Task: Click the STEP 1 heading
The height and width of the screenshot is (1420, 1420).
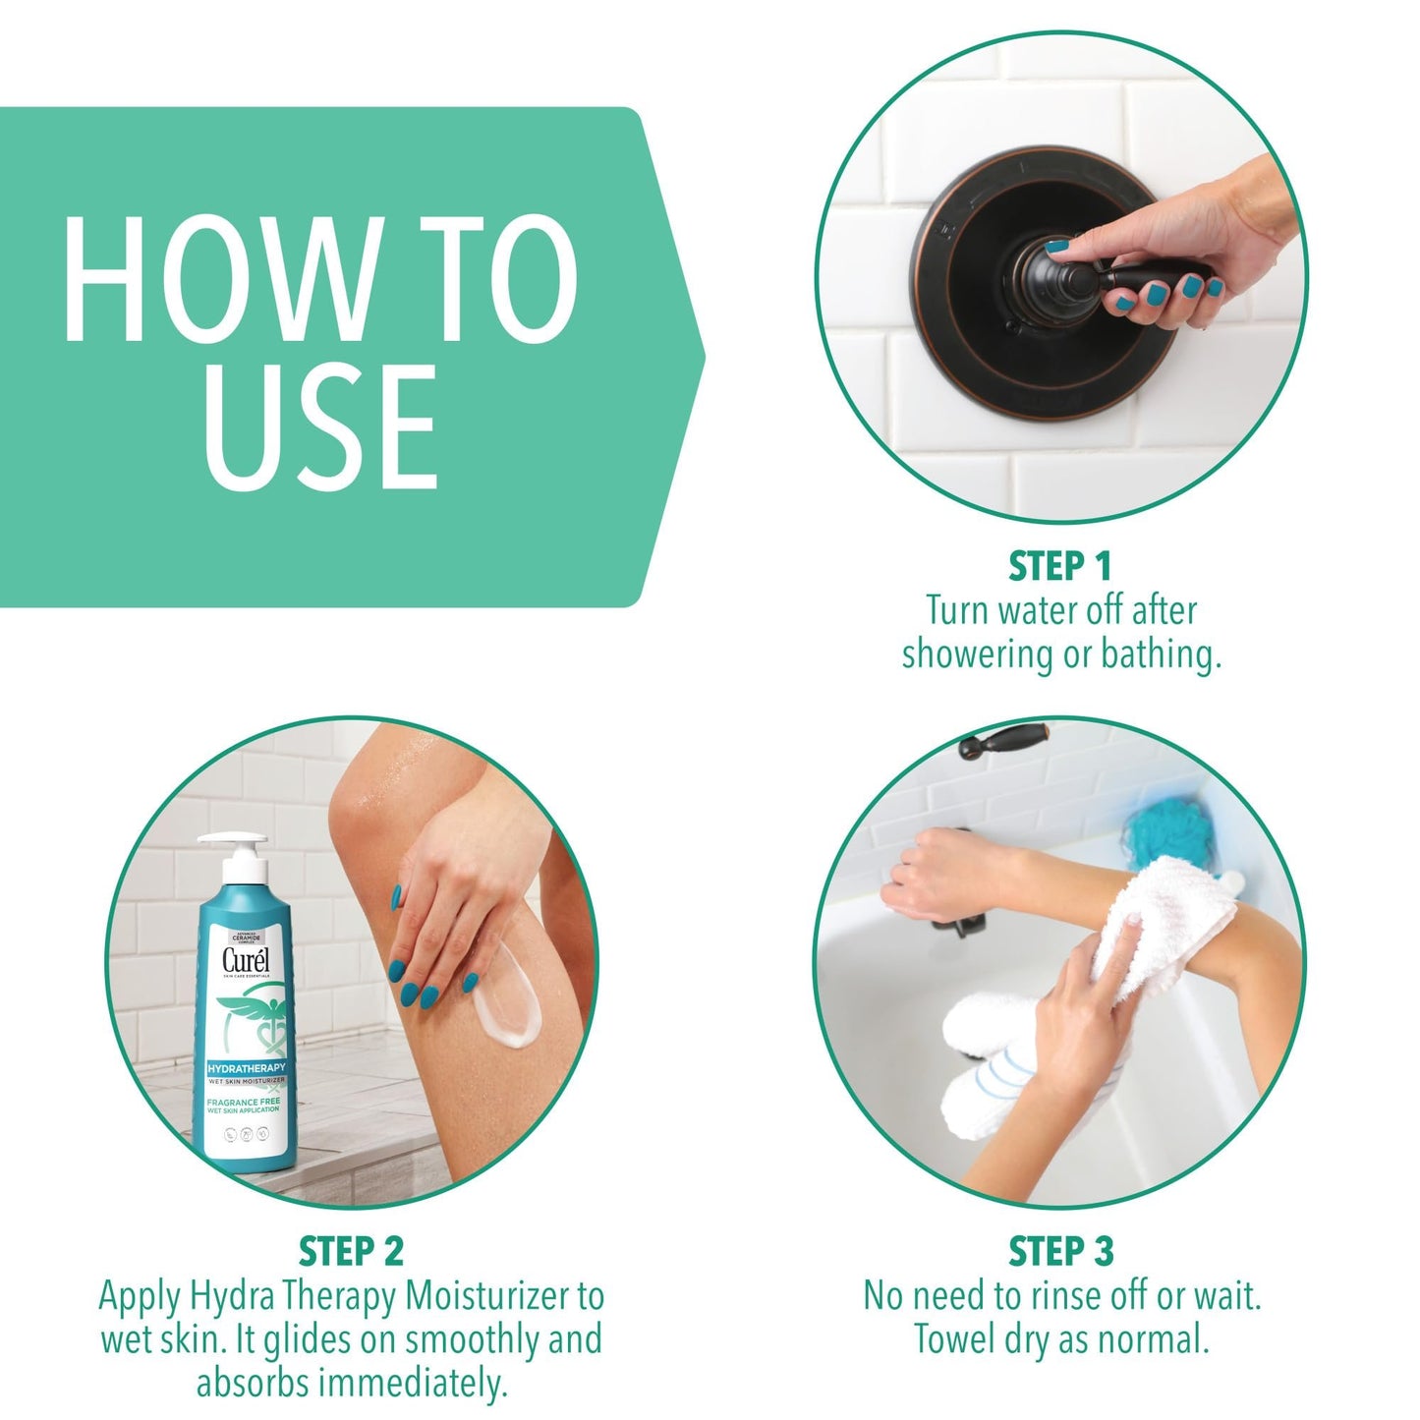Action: point(1059,567)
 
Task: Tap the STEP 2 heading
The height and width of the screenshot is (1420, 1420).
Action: point(351,1252)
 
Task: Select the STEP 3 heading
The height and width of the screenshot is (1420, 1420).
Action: point(1060,1252)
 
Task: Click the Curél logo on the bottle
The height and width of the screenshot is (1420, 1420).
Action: point(245,960)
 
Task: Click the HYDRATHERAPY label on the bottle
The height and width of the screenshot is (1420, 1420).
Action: point(246,1067)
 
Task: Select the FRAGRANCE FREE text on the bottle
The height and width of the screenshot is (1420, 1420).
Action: point(243,1102)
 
